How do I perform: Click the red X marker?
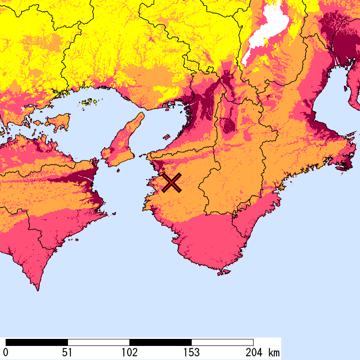pos(172,182)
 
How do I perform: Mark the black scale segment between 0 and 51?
pos(37,342)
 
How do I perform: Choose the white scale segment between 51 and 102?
pos(98,342)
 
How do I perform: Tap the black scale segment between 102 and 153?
pos(160,342)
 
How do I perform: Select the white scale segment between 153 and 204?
pos(222,342)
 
